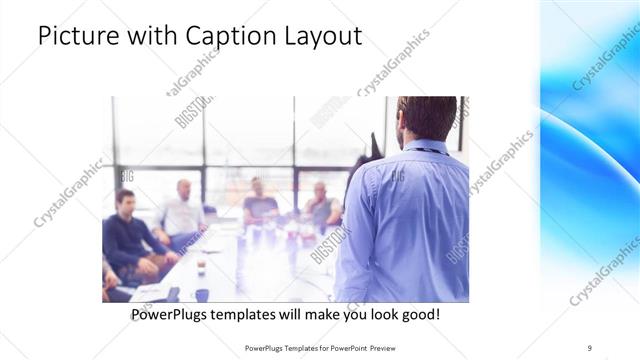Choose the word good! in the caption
coord(417,315)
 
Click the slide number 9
coord(589,348)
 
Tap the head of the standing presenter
coord(426,118)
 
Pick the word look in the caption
coord(375,315)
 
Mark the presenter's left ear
coord(400,127)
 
